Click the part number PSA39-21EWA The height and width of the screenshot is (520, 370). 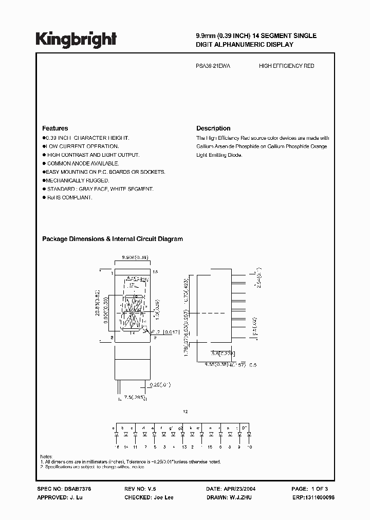click(214, 66)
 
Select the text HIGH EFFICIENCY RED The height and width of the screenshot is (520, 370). click(286, 66)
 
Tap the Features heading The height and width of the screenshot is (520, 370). click(55, 128)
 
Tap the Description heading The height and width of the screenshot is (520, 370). click(213, 128)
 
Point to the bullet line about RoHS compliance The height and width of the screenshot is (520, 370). click(69, 198)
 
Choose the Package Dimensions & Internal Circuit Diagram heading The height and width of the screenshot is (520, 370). click(112, 239)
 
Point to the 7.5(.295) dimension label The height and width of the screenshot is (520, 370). click(134, 397)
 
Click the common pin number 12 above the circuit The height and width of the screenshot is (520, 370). click(186, 412)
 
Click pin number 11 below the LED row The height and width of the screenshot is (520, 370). click(135, 447)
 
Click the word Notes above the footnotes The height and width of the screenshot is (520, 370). click(46, 456)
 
